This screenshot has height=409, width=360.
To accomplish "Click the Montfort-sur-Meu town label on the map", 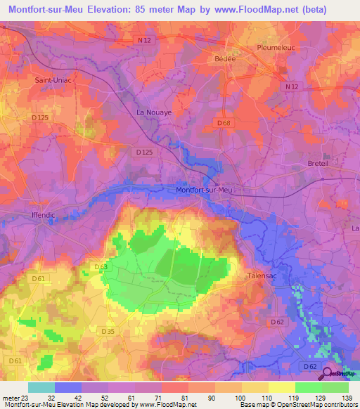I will click(x=203, y=190).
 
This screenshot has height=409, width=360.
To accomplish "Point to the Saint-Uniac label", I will click(x=51, y=80).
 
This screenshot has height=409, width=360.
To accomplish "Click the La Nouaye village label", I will click(x=153, y=112).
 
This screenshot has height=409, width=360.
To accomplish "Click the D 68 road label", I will click(x=224, y=123).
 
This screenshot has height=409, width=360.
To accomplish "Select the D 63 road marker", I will click(x=101, y=266).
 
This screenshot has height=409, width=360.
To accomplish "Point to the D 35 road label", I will click(x=108, y=331).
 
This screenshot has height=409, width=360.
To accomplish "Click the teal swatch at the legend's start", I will click(x=41, y=387).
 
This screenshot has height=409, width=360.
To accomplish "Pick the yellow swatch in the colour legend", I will click(x=282, y=387).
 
